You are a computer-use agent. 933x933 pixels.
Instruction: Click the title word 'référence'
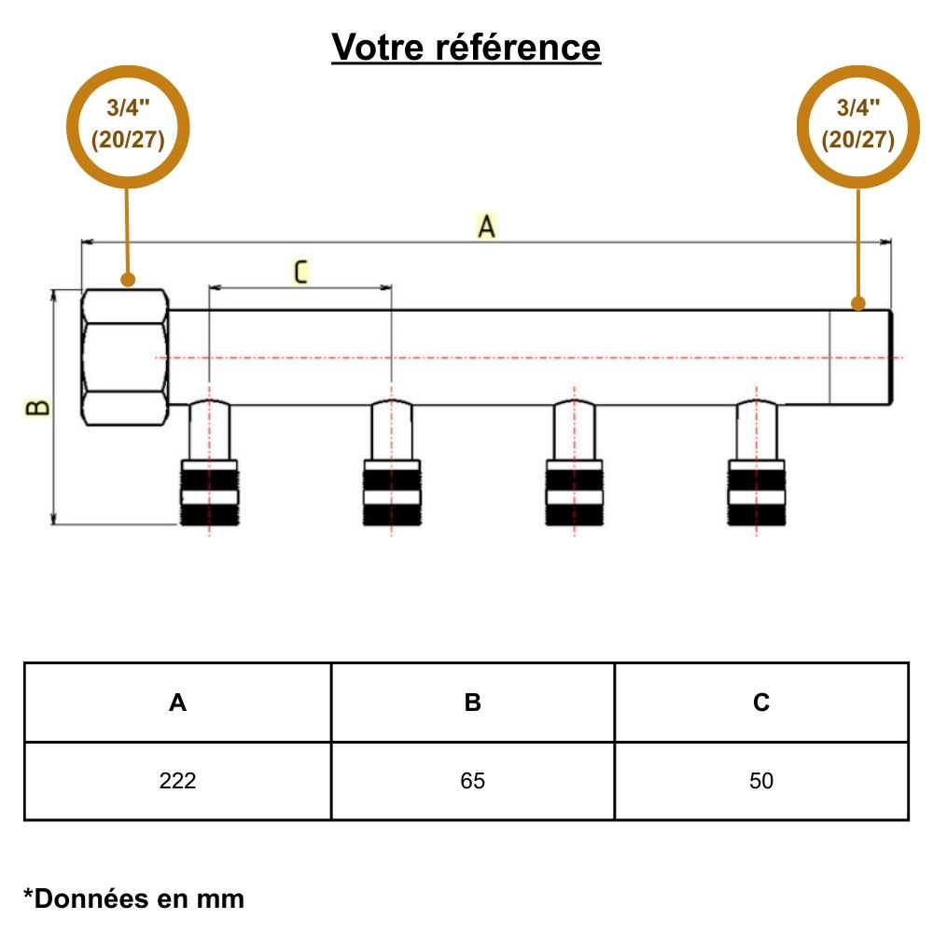point(518,47)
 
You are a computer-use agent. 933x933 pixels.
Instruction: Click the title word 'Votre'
point(378,47)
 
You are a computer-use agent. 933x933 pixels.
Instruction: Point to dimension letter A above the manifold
point(486,226)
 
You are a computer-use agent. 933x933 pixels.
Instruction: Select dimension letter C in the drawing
point(300,272)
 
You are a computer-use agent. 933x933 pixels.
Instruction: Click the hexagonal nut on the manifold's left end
point(126,357)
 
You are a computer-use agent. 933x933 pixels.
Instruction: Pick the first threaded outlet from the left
point(209,492)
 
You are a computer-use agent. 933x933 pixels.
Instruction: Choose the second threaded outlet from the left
point(391,492)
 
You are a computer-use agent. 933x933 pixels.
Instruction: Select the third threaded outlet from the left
point(574,492)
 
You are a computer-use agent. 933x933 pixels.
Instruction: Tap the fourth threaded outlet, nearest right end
point(756,492)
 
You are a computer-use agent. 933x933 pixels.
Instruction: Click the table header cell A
point(177,703)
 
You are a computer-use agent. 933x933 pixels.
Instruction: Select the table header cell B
point(473,703)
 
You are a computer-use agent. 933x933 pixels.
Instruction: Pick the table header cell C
point(761,703)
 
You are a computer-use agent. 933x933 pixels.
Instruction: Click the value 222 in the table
point(177,781)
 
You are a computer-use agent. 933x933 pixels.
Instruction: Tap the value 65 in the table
point(473,781)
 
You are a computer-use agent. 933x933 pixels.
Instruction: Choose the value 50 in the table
point(761,781)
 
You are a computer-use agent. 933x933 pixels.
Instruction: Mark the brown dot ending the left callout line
point(129,278)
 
